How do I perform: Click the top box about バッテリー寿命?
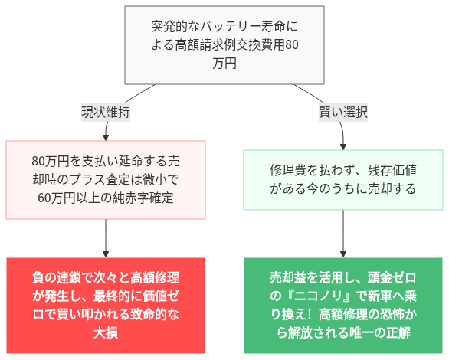pos(224,45)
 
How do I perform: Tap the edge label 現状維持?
pos(105,112)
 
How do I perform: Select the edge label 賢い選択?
pos(342,112)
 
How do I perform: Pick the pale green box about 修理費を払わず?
pos(342,180)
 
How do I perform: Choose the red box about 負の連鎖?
pos(105,305)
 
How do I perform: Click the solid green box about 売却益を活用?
pos(342,305)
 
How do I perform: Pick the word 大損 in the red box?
pos(105,333)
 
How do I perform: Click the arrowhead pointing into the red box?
pos(105,253)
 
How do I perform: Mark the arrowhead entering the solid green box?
pos(342,253)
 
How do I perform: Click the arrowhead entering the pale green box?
pos(342,145)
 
